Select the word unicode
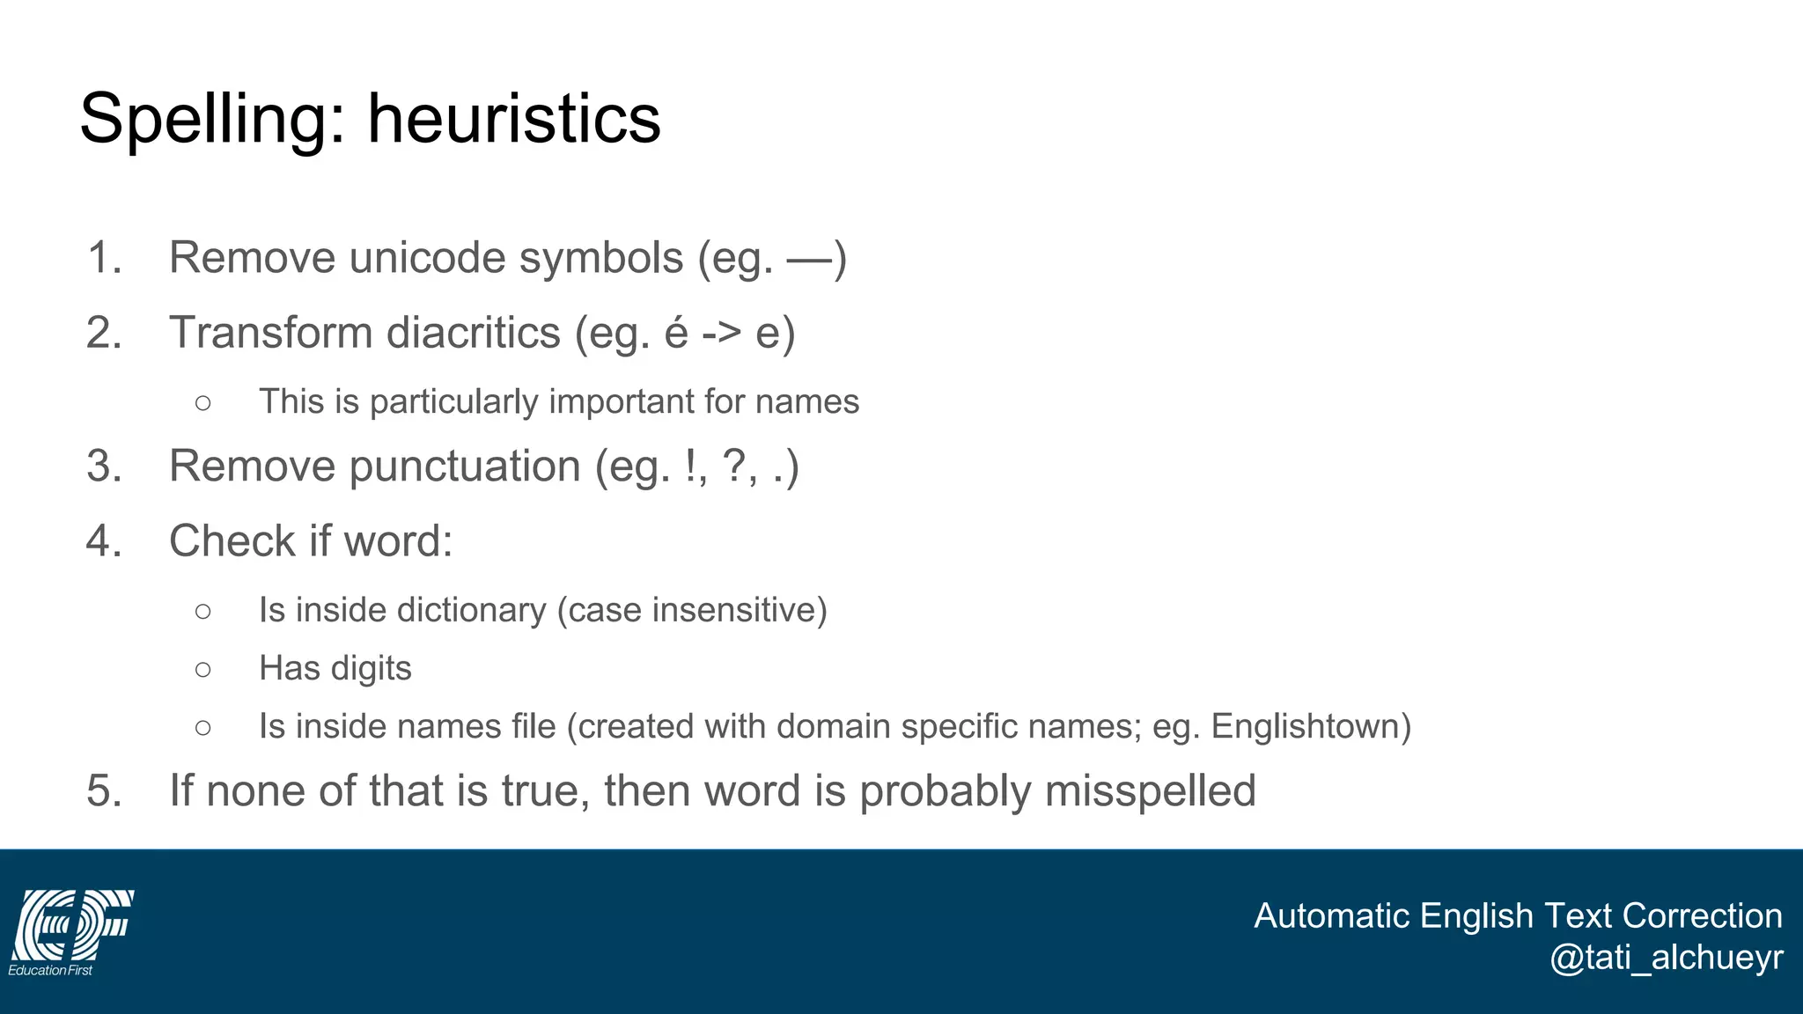(426, 258)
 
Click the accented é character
(676, 333)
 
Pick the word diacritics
(474, 333)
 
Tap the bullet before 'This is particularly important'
(203, 403)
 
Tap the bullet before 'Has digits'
(203, 670)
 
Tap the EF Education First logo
(71, 932)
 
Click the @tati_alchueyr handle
(1666, 958)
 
